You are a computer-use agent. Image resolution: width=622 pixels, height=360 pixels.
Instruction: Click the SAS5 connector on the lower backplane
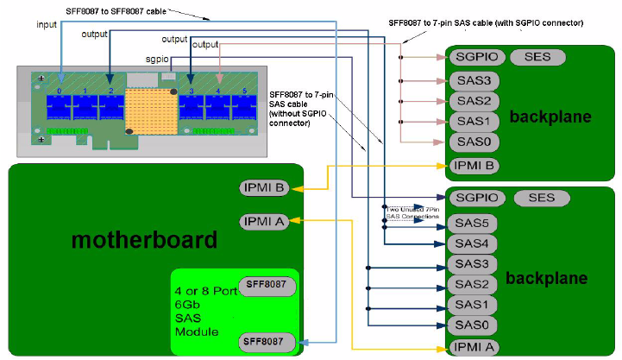[x=473, y=223]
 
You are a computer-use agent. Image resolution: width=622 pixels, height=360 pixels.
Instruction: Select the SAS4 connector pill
[x=473, y=243]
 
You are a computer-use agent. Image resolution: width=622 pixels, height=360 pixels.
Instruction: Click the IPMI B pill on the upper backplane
[x=474, y=165]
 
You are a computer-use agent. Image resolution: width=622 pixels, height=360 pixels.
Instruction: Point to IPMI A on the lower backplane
[x=474, y=347]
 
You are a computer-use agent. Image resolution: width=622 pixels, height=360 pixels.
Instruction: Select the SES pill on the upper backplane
[x=537, y=57]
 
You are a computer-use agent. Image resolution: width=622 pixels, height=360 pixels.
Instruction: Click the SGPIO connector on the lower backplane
[x=478, y=198]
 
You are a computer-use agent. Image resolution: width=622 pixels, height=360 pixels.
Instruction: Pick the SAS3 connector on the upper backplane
[x=473, y=80]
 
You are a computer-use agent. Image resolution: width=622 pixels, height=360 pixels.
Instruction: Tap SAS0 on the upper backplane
[x=473, y=142]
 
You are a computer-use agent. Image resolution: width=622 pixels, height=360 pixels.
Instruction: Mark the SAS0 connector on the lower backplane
[x=473, y=324]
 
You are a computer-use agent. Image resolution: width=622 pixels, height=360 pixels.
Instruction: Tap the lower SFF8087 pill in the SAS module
[x=267, y=343]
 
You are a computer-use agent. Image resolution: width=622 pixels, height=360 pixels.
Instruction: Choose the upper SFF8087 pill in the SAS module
[x=267, y=284]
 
